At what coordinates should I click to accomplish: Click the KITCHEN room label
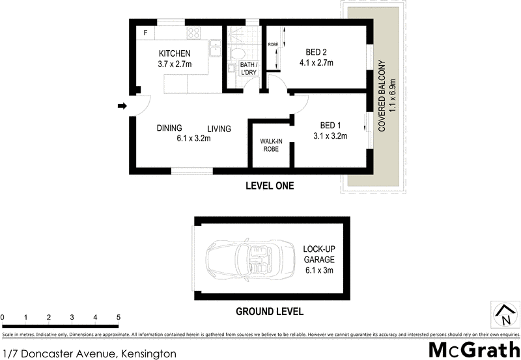click(x=174, y=53)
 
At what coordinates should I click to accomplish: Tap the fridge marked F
click(x=145, y=33)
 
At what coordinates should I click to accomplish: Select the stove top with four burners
click(x=194, y=33)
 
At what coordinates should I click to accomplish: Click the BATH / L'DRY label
click(x=248, y=68)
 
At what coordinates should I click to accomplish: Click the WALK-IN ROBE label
click(x=270, y=145)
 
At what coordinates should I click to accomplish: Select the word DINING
click(x=169, y=128)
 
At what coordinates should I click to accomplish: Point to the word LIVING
click(x=219, y=129)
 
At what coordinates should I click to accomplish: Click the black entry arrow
click(x=121, y=107)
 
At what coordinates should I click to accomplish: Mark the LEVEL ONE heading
click(x=269, y=186)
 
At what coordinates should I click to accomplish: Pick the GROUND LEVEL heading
click(x=269, y=311)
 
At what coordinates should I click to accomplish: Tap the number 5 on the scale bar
click(x=119, y=318)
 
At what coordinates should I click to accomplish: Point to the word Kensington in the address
click(x=148, y=353)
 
